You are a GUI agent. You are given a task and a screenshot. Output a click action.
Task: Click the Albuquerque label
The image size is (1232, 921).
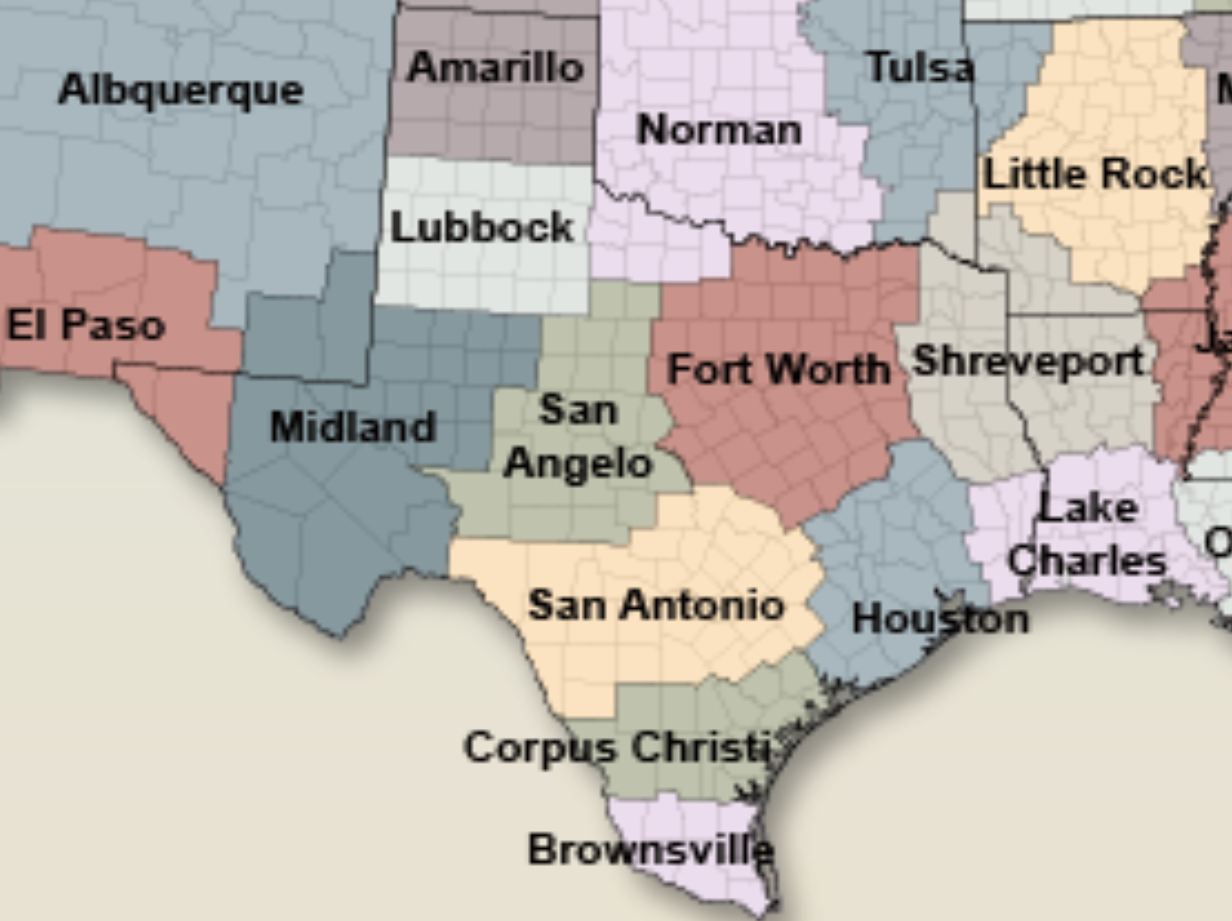click(180, 91)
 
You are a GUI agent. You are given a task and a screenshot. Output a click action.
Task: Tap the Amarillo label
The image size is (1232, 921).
click(495, 68)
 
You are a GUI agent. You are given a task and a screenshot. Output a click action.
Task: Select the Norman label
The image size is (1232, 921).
click(719, 131)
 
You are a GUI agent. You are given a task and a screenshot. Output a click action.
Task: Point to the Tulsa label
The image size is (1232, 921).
click(919, 68)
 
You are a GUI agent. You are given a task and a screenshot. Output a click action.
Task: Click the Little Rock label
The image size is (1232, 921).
click(1094, 173)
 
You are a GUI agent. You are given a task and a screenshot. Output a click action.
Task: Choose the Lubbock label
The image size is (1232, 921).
click(482, 228)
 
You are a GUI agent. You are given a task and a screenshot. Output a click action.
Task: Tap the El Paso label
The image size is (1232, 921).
click(86, 325)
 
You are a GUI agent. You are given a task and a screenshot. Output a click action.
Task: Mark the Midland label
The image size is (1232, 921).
click(353, 427)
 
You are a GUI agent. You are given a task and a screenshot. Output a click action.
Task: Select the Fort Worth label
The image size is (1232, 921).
click(778, 369)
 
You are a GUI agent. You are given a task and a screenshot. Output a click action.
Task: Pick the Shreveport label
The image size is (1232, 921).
click(1028, 361)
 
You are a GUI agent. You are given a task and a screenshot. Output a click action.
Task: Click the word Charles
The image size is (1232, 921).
click(1086, 561)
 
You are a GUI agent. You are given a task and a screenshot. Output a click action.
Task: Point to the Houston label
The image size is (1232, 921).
click(940, 619)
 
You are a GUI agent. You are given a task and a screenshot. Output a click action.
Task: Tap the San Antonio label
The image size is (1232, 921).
click(656, 605)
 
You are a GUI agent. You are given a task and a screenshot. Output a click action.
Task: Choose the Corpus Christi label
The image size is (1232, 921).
click(617, 747)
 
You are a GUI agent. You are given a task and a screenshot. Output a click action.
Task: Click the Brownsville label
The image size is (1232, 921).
click(650, 850)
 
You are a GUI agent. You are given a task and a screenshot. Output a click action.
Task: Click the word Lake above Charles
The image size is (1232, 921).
click(1088, 508)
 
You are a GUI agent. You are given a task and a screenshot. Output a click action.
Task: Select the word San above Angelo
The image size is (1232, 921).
click(578, 410)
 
